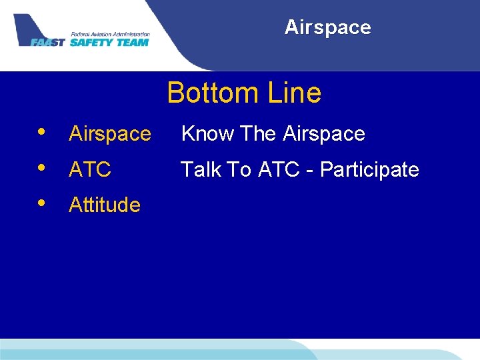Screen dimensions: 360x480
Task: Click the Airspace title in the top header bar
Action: (x=327, y=27)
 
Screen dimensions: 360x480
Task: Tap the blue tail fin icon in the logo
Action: (x=27, y=26)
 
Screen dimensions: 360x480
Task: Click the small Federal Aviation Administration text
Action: (x=110, y=34)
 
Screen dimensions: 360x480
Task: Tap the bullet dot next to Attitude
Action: (x=42, y=201)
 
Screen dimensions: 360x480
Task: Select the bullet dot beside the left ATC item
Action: (x=42, y=166)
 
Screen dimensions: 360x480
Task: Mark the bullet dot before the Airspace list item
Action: (x=42, y=130)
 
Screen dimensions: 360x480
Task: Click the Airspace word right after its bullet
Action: (x=110, y=134)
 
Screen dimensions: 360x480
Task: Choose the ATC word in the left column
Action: (x=90, y=170)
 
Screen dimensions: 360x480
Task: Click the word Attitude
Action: (x=105, y=205)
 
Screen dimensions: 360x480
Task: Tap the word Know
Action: (x=208, y=134)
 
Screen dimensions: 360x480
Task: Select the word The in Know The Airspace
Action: (x=258, y=134)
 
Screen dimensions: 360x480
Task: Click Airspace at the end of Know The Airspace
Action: (x=323, y=134)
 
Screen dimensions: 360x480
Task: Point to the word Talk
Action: (x=201, y=170)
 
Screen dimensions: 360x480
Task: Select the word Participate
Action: (x=369, y=170)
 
